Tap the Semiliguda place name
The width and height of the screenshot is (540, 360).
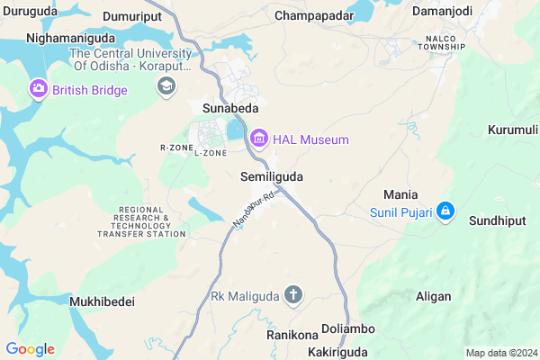click(273, 177)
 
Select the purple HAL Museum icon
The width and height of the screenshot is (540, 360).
click(260, 139)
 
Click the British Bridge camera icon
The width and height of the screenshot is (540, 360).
click(39, 90)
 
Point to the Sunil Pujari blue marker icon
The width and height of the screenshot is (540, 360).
click(445, 212)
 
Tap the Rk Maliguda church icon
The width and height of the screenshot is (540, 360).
click(293, 294)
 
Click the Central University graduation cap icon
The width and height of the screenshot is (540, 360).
click(166, 86)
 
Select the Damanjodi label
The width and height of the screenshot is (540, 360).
click(443, 11)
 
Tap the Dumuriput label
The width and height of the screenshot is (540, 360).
click(134, 16)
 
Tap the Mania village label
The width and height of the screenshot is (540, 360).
click(400, 193)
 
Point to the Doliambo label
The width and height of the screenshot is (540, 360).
click(347, 328)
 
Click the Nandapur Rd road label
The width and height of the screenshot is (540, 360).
click(251, 212)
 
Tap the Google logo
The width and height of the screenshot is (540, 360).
click(30, 349)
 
